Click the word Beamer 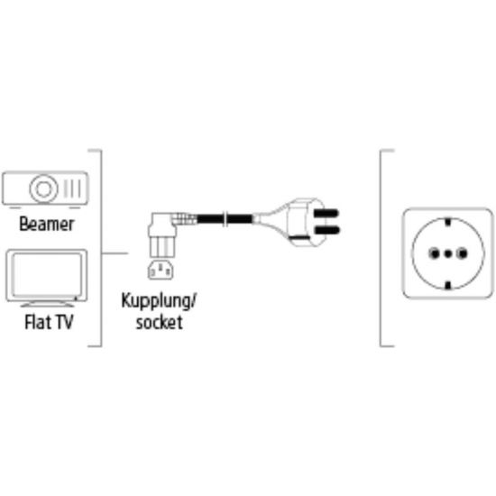click(x=47, y=224)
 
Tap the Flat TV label click(x=49, y=322)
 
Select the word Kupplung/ click(x=159, y=301)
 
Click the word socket click(x=159, y=322)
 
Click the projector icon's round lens click(x=43, y=188)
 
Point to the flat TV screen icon click(x=47, y=274)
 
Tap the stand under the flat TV click(x=48, y=304)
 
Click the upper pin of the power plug click(x=326, y=213)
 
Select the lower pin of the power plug click(x=326, y=230)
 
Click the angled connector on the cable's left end click(x=162, y=234)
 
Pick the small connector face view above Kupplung click(x=161, y=270)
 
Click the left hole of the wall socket click(x=434, y=253)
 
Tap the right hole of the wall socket click(x=462, y=253)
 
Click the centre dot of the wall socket click(x=448, y=253)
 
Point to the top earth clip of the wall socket click(x=447, y=221)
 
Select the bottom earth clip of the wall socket click(x=447, y=286)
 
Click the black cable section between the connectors click(x=225, y=218)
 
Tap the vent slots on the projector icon click(x=72, y=188)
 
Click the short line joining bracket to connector click(x=115, y=253)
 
